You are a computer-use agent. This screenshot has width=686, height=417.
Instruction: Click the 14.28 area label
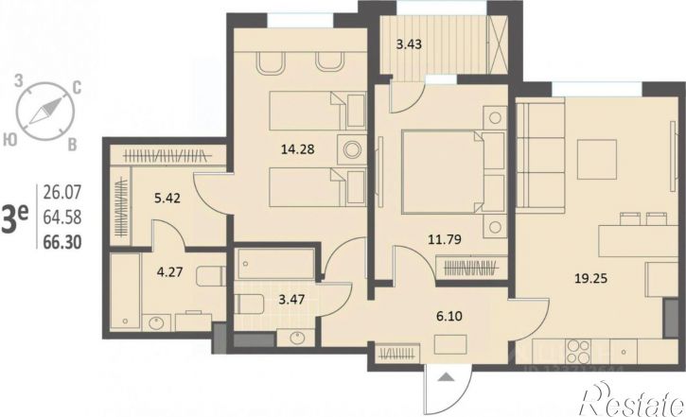tap(297, 149)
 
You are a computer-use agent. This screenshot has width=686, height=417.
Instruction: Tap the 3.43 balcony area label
tap(409, 44)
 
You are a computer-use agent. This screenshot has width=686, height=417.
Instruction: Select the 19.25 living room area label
tap(590, 278)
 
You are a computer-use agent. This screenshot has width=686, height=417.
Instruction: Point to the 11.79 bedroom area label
tap(445, 239)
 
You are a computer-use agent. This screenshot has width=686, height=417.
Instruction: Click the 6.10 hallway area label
tap(449, 316)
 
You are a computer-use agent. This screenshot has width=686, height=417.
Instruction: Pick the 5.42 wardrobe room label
tap(167, 199)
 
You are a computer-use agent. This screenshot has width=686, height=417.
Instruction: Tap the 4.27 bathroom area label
tap(169, 272)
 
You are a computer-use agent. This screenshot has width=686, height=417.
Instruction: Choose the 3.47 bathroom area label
tap(291, 300)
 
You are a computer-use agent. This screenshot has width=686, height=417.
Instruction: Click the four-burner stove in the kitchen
tap(578, 352)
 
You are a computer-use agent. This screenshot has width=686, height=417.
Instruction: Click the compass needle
tap(45, 111)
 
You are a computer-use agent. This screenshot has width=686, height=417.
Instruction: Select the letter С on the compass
tap(76, 89)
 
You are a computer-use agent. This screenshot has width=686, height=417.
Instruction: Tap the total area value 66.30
tap(62, 242)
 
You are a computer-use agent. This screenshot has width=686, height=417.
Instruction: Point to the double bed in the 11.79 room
tap(453, 172)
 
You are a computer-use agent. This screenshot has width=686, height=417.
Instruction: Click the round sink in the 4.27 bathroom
tap(156, 322)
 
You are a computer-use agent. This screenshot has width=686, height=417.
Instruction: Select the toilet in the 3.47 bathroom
tap(249, 304)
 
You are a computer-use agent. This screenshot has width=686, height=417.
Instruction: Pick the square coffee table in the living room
tap(597, 159)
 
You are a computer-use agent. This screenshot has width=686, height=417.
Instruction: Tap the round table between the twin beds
tap(352, 150)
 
